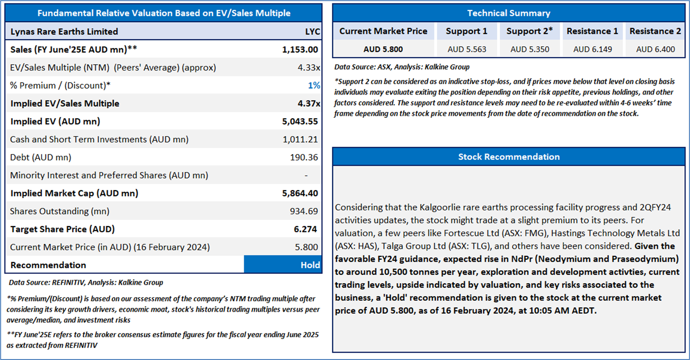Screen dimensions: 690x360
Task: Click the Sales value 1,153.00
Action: (x=300, y=50)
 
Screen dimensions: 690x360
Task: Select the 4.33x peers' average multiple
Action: (x=309, y=68)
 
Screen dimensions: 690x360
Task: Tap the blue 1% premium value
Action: (x=314, y=85)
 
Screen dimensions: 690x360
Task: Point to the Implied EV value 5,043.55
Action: (x=300, y=121)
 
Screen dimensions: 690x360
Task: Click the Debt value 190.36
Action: (x=304, y=158)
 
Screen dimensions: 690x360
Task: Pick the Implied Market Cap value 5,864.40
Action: (x=300, y=193)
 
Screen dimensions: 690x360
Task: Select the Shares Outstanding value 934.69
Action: (x=304, y=211)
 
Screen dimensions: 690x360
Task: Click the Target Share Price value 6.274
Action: (x=305, y=229)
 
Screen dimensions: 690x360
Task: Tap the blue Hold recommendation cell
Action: (x=283, y=264)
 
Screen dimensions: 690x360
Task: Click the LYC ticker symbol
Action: (x=312, y=31)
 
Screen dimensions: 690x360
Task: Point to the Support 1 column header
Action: (x=466, y=31)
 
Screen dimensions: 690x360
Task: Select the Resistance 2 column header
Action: (x=655, y=31)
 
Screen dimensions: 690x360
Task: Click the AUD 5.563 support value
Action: (x=467, y=49)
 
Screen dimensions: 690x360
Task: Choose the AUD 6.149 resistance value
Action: (x=593, y=49)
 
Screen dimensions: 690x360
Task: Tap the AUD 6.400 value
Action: (x=655, y=49)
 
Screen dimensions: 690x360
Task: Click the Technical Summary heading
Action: (x=509, y=13)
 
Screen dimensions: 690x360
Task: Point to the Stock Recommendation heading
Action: (x=509, y=157)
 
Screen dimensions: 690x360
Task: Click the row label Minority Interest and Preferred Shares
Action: (x=109, y=175)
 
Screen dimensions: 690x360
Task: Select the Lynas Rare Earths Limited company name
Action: (x=64, y=31)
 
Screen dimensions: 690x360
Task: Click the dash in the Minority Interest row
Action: (x=306, y=175)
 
